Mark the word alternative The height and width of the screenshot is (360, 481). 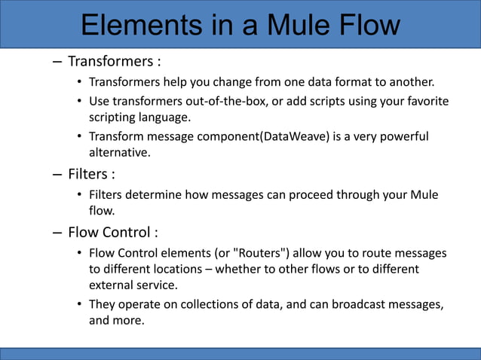(x=120, y=153)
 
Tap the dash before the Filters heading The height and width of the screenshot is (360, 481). (x=57, y=175)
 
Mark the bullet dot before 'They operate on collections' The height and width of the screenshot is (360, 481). (x=79, y=304)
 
